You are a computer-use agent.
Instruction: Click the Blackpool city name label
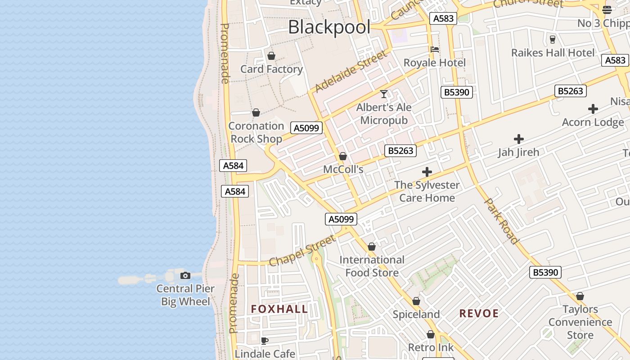click(x=329, y=27)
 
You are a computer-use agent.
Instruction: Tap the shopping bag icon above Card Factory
click(x=271, y=56)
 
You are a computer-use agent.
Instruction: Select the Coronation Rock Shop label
click(x=256, y=132)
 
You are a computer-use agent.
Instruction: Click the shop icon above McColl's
click(x=343, y=156)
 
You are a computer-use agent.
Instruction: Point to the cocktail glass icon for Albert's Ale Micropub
click(x=384, y=94)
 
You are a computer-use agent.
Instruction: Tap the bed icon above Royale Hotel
click(x=434, y=49)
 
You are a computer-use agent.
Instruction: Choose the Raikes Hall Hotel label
click(x=553, y=53)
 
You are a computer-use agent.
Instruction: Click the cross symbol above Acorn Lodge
click(x=593, y=109)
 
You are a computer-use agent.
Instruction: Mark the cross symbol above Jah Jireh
click(x=518, y=139)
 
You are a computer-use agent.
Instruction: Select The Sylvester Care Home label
click(x=427, y=191)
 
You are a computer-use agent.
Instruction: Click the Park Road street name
click(x=501, y=220)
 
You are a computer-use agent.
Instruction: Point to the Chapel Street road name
click(x=302, y=250)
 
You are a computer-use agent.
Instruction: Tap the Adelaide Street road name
click(x=351, y=72)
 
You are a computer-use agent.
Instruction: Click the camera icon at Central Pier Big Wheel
click(x=185, y=275)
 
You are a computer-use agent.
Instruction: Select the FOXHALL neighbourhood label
click(x=279, y=309)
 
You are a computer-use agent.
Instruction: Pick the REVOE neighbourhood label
click(x=479, y=314)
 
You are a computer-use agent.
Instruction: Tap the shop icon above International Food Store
click(x=372, y=247)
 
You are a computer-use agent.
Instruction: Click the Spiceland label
click(x=416, y=314)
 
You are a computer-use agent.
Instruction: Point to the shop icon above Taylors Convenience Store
click(x=580, y=296)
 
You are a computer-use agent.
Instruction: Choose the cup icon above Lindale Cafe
click(x=265, y=341)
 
